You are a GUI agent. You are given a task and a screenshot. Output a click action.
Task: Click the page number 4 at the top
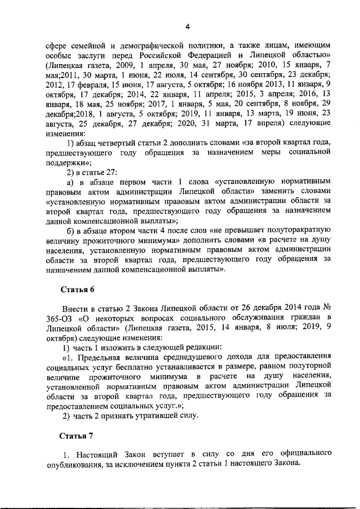(x=188, y=26)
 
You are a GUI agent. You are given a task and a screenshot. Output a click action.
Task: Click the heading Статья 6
(x=78, y=290)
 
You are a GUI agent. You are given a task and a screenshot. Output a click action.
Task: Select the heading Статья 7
(x=78, y=436)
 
